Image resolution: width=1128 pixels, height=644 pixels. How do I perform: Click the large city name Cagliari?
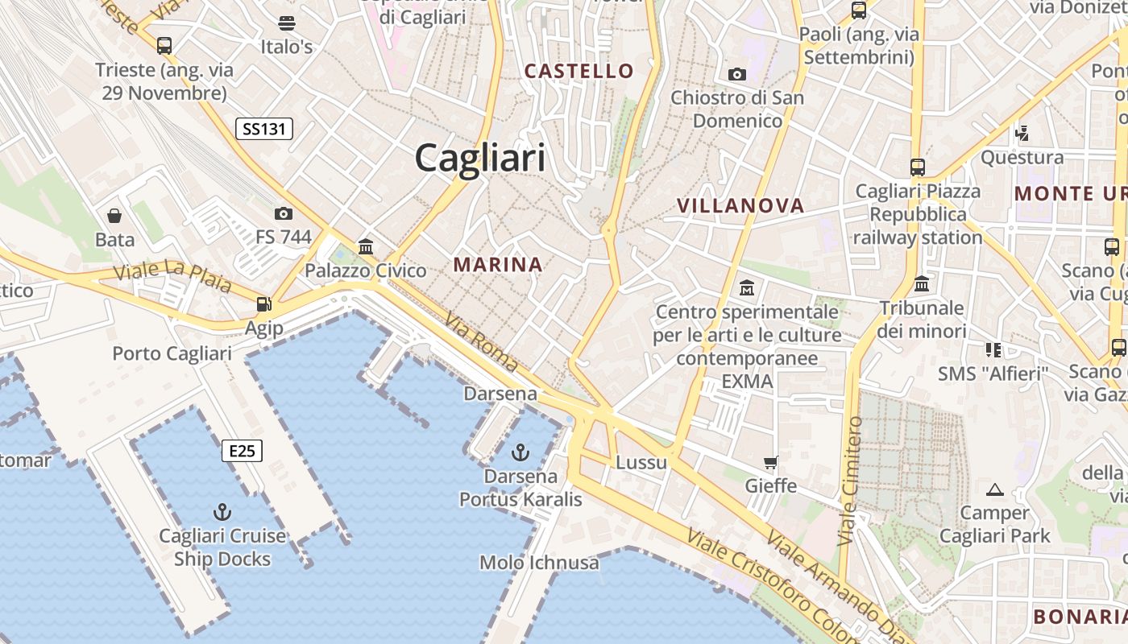point(480,158)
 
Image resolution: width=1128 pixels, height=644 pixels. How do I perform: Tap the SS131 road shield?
point(264,128)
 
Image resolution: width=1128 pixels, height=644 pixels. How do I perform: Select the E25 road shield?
point(242,451)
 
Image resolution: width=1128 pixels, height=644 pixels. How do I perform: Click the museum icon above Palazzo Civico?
point(366,246)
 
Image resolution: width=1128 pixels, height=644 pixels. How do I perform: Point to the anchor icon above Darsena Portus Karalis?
point(520,452)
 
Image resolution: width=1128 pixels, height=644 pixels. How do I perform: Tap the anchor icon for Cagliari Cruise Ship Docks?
point(222,512)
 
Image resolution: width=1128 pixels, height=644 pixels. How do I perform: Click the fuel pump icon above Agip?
point(263,304)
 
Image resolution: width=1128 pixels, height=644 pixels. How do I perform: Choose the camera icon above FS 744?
point(283,213)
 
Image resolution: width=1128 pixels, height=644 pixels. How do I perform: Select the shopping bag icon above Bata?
point(114,216)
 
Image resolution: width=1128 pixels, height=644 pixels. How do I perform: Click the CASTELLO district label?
point(579,71)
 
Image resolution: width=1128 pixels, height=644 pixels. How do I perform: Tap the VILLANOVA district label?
point(740,206)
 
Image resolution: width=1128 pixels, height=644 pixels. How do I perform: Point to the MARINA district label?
point(497,264)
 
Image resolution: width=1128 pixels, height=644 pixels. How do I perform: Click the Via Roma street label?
point(481,342)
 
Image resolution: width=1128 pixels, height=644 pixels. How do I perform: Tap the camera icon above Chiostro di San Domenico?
point(736,75)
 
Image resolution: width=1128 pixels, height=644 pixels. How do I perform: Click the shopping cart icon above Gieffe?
point(771,463)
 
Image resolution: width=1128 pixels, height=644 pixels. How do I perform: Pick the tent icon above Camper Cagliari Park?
point(995,489)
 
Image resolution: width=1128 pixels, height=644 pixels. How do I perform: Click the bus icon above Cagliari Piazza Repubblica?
point(918,167)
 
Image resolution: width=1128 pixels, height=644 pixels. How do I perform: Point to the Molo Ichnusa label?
point(539,562)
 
